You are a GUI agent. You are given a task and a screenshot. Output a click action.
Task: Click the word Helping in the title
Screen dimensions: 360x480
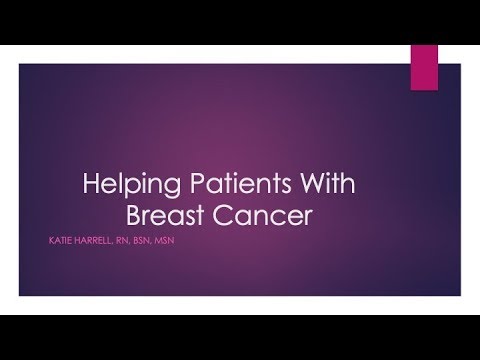tap(122, 186)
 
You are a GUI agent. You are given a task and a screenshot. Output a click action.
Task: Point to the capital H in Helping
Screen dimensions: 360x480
tap(88, 186)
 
